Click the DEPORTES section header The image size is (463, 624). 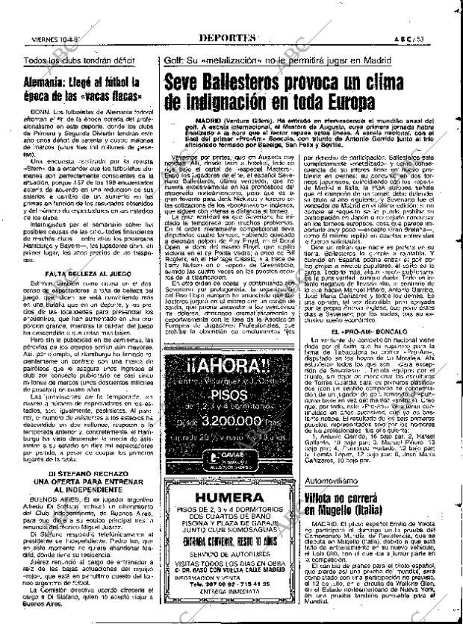[229, 38]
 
